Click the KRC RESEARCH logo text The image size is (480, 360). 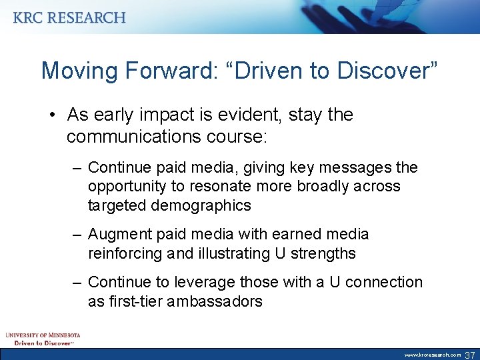pyautogui.click(x=69, y=17)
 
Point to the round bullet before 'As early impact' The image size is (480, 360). pyautogui.click(x=52, y=115)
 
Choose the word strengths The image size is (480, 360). pyautogui.click(x=323, y=254)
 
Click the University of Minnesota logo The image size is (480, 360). pyautogui.click(x=43, y=338)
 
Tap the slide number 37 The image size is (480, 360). pyautogui.click(x=469, y=355)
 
